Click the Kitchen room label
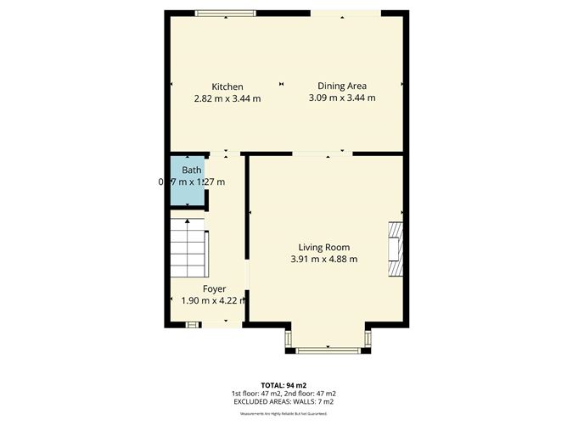pos(227,87)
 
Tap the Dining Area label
pos(342,86)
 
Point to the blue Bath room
pos(187,182)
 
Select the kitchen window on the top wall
pos(226,12)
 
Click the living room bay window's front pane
pos(327,349)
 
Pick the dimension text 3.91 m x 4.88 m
pos(324,259)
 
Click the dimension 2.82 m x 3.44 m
pos(227,98)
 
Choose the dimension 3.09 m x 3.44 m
pos(342,98)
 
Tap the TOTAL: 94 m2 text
pos(283,384)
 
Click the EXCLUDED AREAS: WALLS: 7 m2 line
pos(283,402)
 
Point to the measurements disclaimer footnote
pos(283,413)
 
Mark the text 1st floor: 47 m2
pos(255,394)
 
